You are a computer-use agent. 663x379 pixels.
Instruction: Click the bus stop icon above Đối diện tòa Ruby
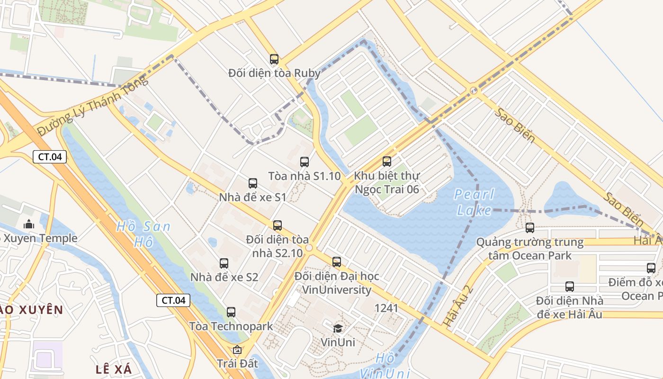274,59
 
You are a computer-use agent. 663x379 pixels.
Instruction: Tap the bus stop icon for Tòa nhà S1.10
305,162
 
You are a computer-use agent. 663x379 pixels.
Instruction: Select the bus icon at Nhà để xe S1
253,183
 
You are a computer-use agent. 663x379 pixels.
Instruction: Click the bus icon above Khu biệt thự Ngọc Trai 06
387,162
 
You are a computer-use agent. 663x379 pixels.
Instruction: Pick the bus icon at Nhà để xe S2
224,263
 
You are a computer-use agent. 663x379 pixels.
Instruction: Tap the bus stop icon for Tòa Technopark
231,312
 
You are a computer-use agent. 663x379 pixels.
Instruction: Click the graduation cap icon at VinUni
338,328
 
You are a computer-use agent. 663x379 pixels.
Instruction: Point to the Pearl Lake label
474,202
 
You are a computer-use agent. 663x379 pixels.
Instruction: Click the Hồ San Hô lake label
143,234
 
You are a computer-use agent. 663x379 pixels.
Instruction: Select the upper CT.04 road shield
50,157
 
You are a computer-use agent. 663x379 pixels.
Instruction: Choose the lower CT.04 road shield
173,300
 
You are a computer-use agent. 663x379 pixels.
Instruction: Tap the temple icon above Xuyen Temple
29,224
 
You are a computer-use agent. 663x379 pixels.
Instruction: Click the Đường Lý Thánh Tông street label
92,105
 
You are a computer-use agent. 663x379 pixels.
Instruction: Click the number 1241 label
386,308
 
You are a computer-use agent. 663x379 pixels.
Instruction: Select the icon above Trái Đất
237,350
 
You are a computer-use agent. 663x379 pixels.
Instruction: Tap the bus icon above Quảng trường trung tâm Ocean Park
530,228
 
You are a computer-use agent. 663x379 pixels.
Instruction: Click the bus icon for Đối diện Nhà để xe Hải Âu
570,287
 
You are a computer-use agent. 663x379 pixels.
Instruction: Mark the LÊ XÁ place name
114,369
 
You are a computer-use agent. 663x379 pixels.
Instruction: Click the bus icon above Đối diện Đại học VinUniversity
337,262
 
